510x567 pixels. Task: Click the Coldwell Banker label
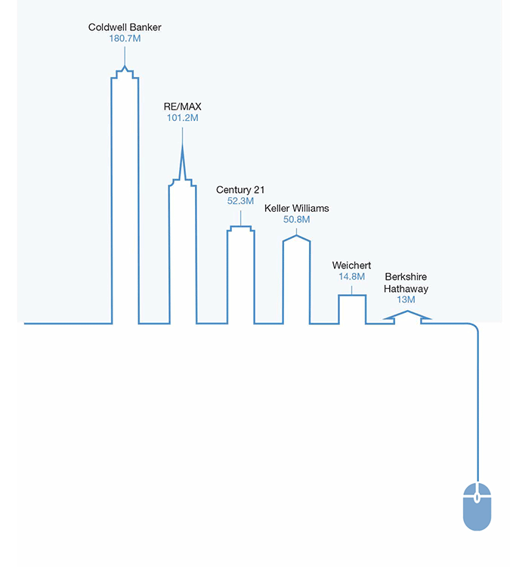(x=125, y=27)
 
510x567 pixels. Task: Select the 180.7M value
(x=125, y=39)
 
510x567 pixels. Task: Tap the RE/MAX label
(x=183, y=107)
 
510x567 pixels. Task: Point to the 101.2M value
(x=183, y=118)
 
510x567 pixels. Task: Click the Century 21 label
(x=240, y=190)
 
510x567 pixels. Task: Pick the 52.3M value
(x=240, y=201)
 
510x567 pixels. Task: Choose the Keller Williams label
(x=297, y=209)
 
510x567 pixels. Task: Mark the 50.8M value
(x=297, y=219)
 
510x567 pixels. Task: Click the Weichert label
(x=351, y=265)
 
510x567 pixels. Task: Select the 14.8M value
(x=351, y=277)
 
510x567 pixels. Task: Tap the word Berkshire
(x=406, y=277)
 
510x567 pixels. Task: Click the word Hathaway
(x=406, y=289)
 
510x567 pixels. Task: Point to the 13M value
(x=406, y=300)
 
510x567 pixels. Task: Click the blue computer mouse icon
(x=477, y=507)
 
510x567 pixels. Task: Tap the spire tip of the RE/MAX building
(x=183, y=144)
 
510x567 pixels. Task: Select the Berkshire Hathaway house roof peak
(x=407, y=311)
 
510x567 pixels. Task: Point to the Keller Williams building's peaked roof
(x=296, y=236)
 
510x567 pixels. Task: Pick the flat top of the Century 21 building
(x=241, y=227)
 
